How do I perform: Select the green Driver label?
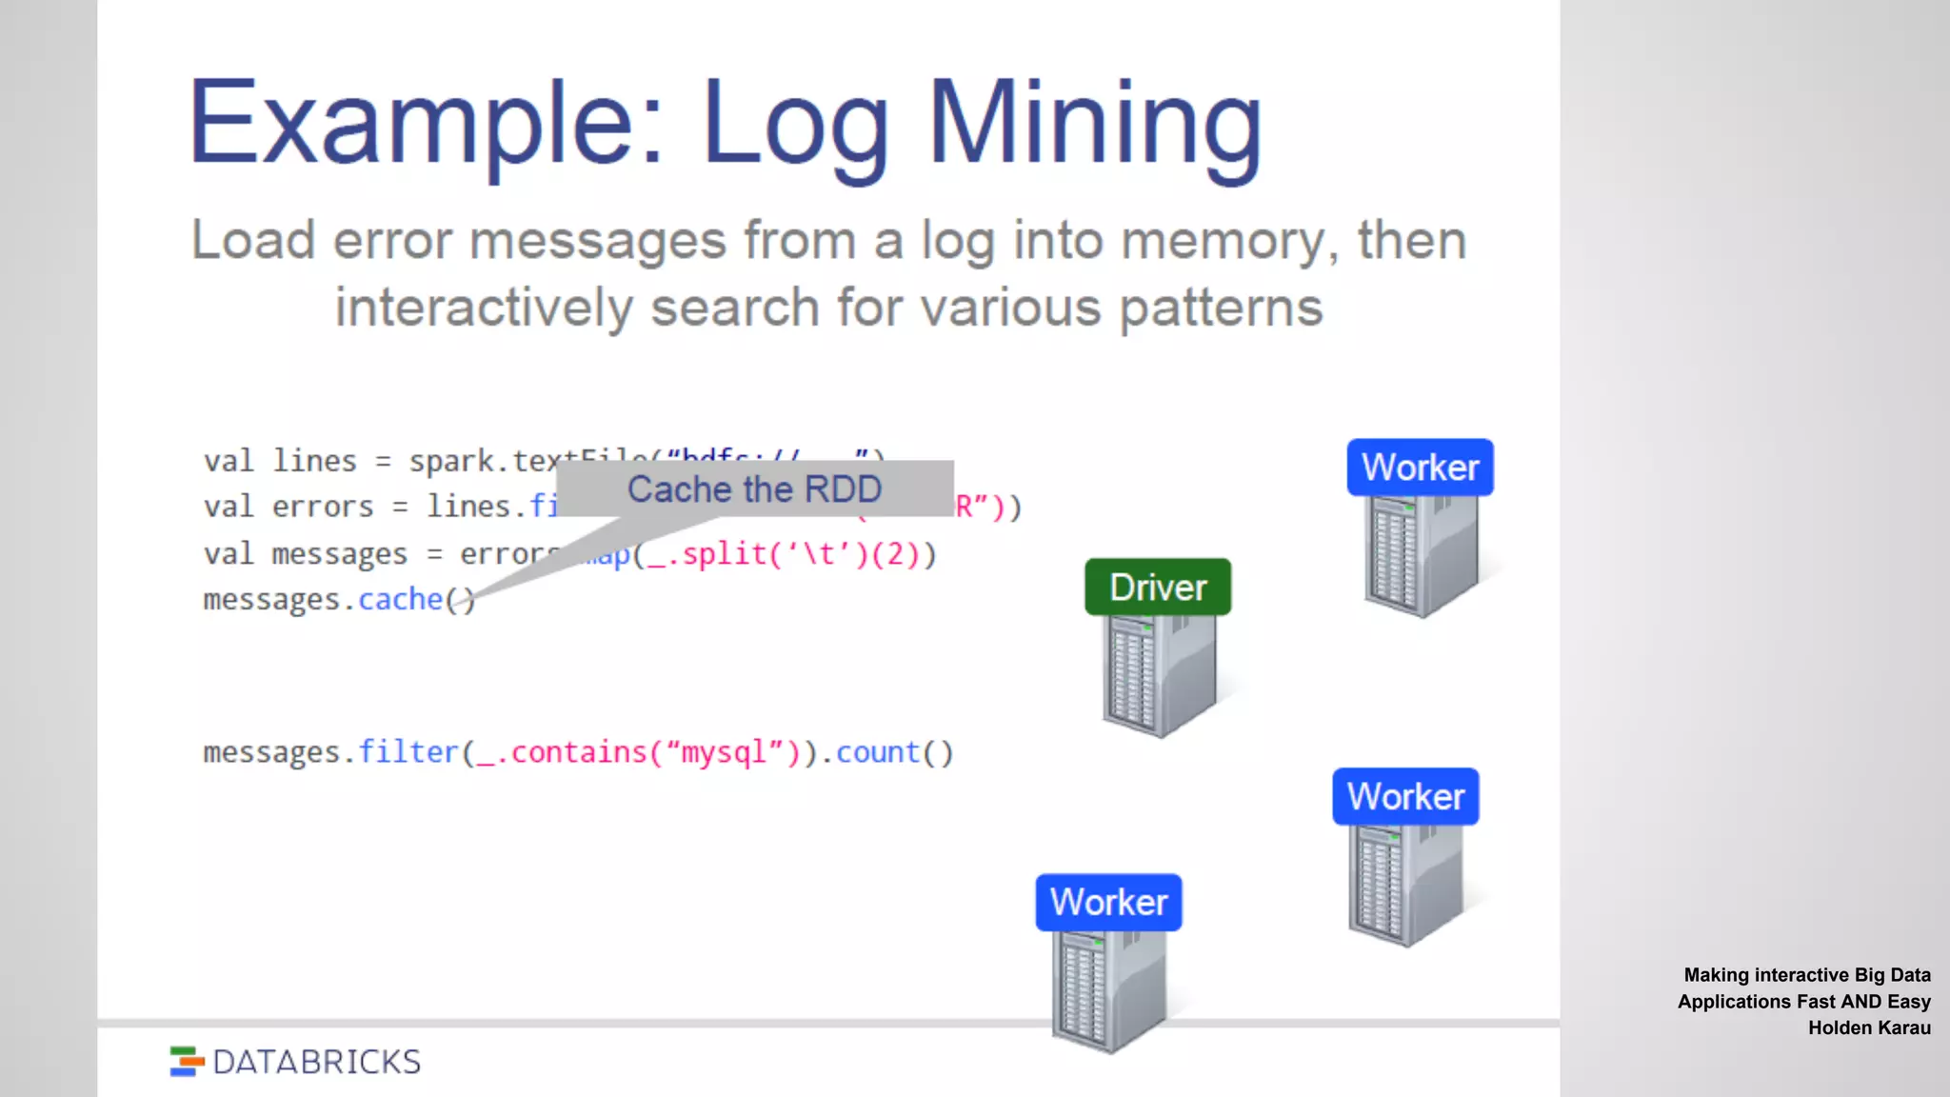tap(1158, 588)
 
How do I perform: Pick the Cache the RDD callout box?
tap(754, 489)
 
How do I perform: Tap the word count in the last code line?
tap(878, 752)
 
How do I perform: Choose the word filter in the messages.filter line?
tap(408, 752)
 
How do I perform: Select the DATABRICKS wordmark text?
tap(316, 1062)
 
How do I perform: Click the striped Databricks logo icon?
tap(187, 1062)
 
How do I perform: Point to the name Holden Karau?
tap(1869, 1028)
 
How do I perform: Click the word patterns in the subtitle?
tap(1221, 309)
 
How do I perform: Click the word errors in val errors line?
tap(323, 508)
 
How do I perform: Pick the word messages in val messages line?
tap(339, 554)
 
